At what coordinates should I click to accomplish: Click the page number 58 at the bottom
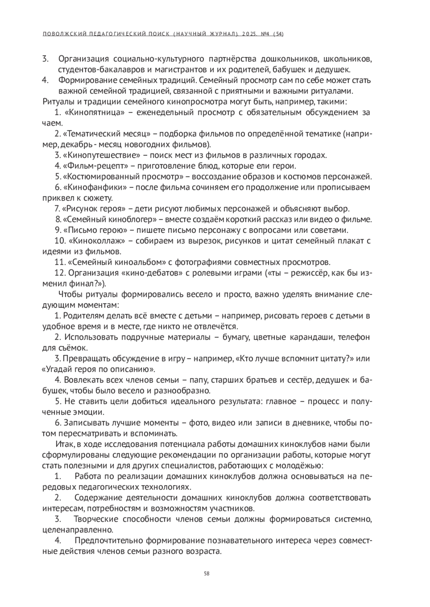pos(206,574)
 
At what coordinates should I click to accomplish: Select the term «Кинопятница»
pos(95,113)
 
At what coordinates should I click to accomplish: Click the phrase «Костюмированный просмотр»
pos(123,177)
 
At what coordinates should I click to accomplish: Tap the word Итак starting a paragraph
pos(64,444)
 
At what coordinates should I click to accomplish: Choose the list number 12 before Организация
pos(59,273)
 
